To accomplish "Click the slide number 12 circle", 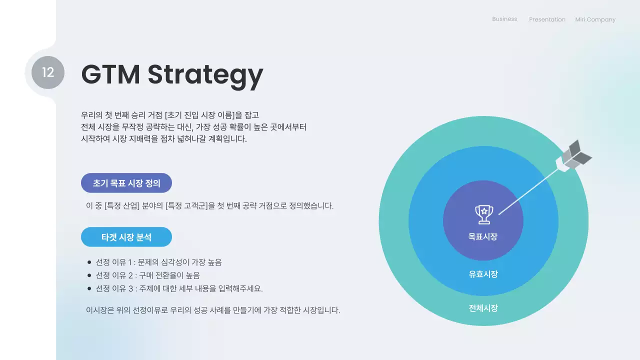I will (x=48, y=72).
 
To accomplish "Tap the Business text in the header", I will (x=504, y=19).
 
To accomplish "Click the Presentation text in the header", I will (x=547, y=19).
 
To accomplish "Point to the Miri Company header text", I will (x=595, y=19).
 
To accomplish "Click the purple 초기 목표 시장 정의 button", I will (x=126, y=183).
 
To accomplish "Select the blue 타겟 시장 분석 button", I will (x=126, y=237).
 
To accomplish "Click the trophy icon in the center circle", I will (x=483, y=214).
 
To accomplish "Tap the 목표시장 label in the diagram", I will (x=483, y=236).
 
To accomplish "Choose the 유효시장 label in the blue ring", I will (x=483, y=274).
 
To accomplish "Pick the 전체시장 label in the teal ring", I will (x=483, y=308).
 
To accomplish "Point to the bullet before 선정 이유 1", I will (x=89, y=262).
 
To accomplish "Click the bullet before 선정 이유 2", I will (x=89, y=275).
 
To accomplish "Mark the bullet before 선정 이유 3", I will (x=89, y=288).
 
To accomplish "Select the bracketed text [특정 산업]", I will (x=122, y=205).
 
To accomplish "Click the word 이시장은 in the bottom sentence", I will (x=100, y=310).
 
